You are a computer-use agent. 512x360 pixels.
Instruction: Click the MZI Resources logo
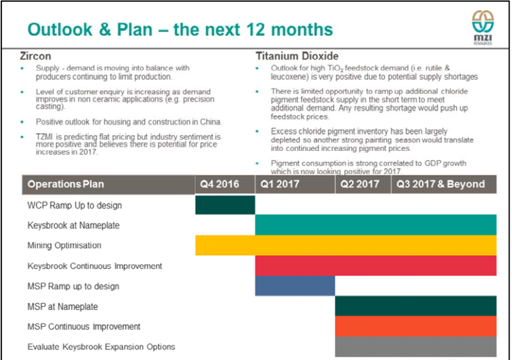click(x=483, y=27)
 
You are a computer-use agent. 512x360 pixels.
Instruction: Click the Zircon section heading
click(x=35, y=56)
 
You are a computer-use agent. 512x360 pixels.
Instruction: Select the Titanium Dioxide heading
click(x=297, y=56)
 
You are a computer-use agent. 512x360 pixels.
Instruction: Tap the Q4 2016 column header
click(x=220, y=184)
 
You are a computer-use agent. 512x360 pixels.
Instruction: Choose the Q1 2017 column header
click(x=280, y=184)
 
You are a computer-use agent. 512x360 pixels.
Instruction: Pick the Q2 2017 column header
click(x=360, y=184)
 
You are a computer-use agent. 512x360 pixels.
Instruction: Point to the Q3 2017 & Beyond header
click(x=440, y=184)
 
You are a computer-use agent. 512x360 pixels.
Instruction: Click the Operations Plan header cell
click(x=66, y=184)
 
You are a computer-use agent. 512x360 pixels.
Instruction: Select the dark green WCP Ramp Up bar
click(x=225, y=205)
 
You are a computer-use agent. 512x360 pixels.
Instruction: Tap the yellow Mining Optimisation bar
click(x=346, y=245)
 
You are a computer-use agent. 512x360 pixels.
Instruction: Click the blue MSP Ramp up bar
click(x=295, y=286)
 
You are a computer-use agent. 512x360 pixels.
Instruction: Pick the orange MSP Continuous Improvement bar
click(x=415, y=326)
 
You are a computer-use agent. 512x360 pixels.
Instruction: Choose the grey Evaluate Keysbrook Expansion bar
click(x=415, y=347)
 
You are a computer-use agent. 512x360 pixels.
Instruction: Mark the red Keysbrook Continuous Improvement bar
click(x=376, y=265)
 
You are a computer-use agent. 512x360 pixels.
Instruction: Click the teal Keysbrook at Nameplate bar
click(x=376, y=225)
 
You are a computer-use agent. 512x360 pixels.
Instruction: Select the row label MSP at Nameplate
click(x=63, y=306)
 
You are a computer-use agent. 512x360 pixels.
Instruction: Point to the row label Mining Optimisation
click(x=65, y=246)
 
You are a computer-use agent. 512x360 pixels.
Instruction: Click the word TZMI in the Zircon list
click(x=44, y=137)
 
